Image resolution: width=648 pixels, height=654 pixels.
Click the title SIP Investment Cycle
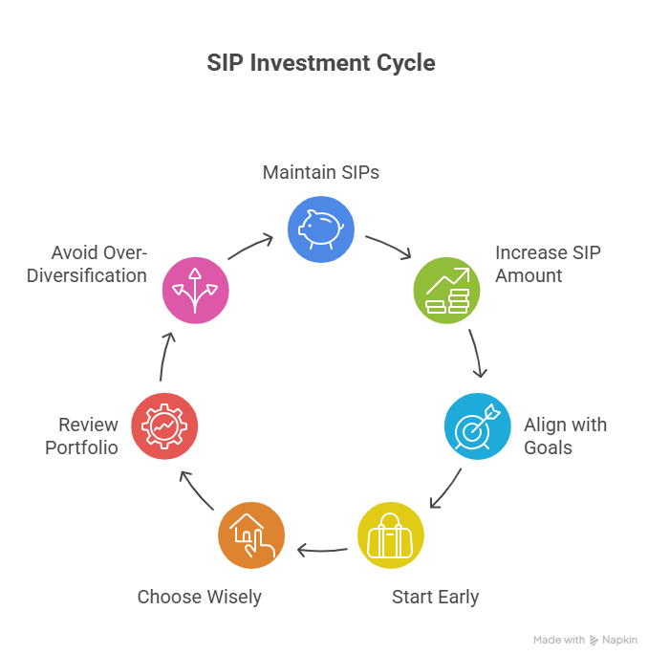coord(321,64)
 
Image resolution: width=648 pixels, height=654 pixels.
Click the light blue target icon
coord(477,425)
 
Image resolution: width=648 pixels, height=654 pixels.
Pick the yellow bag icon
coord(390,534)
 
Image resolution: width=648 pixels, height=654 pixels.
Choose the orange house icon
coord(251,535)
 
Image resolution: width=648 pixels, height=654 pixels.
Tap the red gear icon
coord(164,425)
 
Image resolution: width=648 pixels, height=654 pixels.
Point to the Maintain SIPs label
coord(321,172)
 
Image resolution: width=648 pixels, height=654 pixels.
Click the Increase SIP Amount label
coord(548,264)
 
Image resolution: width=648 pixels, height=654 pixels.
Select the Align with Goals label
coord(564,435)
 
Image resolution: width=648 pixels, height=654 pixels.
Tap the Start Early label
coord(435,598)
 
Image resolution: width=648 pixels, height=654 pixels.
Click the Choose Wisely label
coord(199,598)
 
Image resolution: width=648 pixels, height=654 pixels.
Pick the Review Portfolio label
coord(82,435)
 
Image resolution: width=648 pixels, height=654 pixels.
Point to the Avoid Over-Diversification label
coord(99,264)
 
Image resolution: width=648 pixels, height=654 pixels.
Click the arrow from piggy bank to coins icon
coord(388,245)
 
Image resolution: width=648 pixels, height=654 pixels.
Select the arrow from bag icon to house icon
coord(321,550)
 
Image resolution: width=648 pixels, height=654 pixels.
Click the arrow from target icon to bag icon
coord(445,490)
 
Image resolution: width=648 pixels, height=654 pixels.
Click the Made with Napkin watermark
coord(585,640)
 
